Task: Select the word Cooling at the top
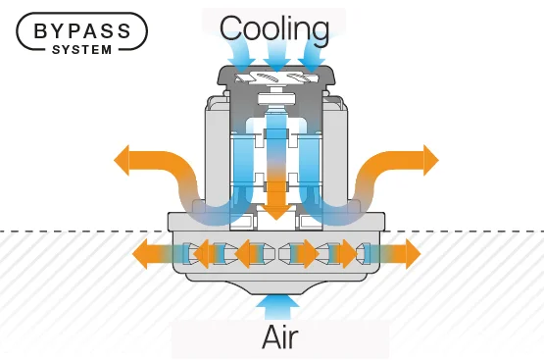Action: (x=273, y=27)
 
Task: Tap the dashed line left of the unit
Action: (x=78, y=231)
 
